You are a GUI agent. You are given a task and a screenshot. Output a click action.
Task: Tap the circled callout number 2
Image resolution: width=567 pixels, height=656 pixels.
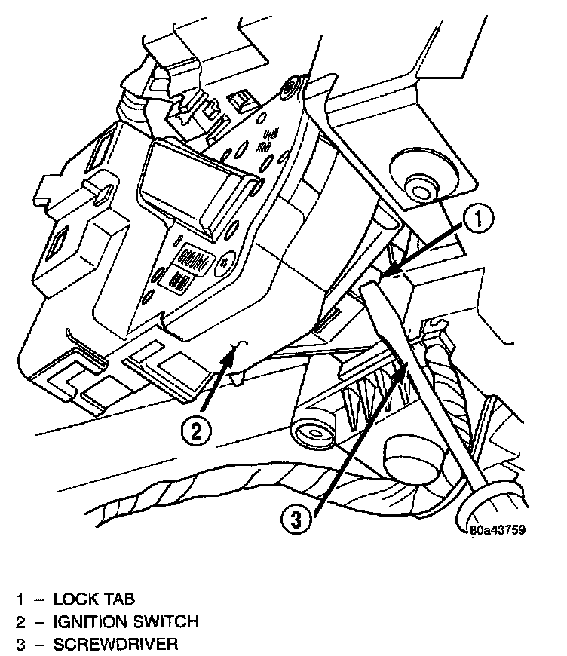point(195,431)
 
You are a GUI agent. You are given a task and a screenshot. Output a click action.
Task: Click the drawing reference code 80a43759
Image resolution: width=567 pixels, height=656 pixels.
point(497,529)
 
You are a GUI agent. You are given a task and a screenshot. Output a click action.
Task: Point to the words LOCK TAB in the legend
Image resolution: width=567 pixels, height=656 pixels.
point(94,599)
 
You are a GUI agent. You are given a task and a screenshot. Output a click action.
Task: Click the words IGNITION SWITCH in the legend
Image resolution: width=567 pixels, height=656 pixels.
point(126,622)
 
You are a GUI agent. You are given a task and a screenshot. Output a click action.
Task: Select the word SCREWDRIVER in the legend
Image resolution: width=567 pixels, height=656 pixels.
point(115,645)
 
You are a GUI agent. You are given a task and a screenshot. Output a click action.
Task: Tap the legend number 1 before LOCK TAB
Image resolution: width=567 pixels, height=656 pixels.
point(22,599)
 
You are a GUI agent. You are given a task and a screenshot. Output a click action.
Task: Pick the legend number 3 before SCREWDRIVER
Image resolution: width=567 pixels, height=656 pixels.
point(22,645)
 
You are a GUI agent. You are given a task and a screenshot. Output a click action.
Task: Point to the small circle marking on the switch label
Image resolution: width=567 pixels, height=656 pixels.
point(223,265)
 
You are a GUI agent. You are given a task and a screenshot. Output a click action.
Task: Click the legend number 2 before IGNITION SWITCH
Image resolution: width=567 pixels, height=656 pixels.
point(22,622)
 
